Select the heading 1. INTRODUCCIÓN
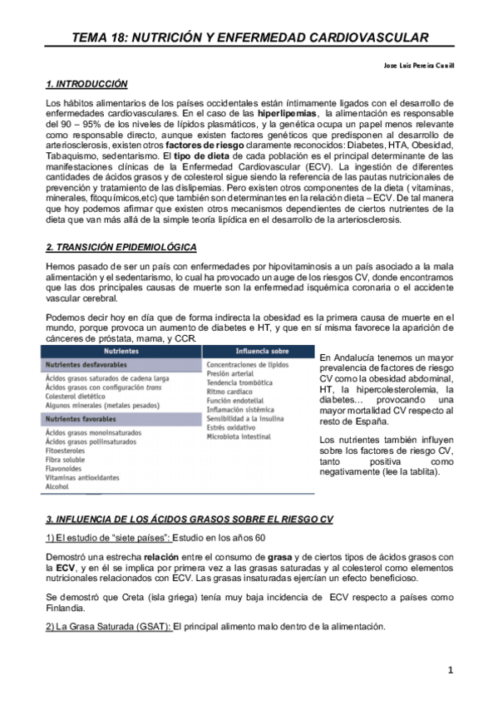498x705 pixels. pos(86,84)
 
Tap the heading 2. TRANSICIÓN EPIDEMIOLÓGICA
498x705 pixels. pos(121,248)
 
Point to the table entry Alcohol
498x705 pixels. pos(59,486)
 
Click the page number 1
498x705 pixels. pos(450,670)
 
